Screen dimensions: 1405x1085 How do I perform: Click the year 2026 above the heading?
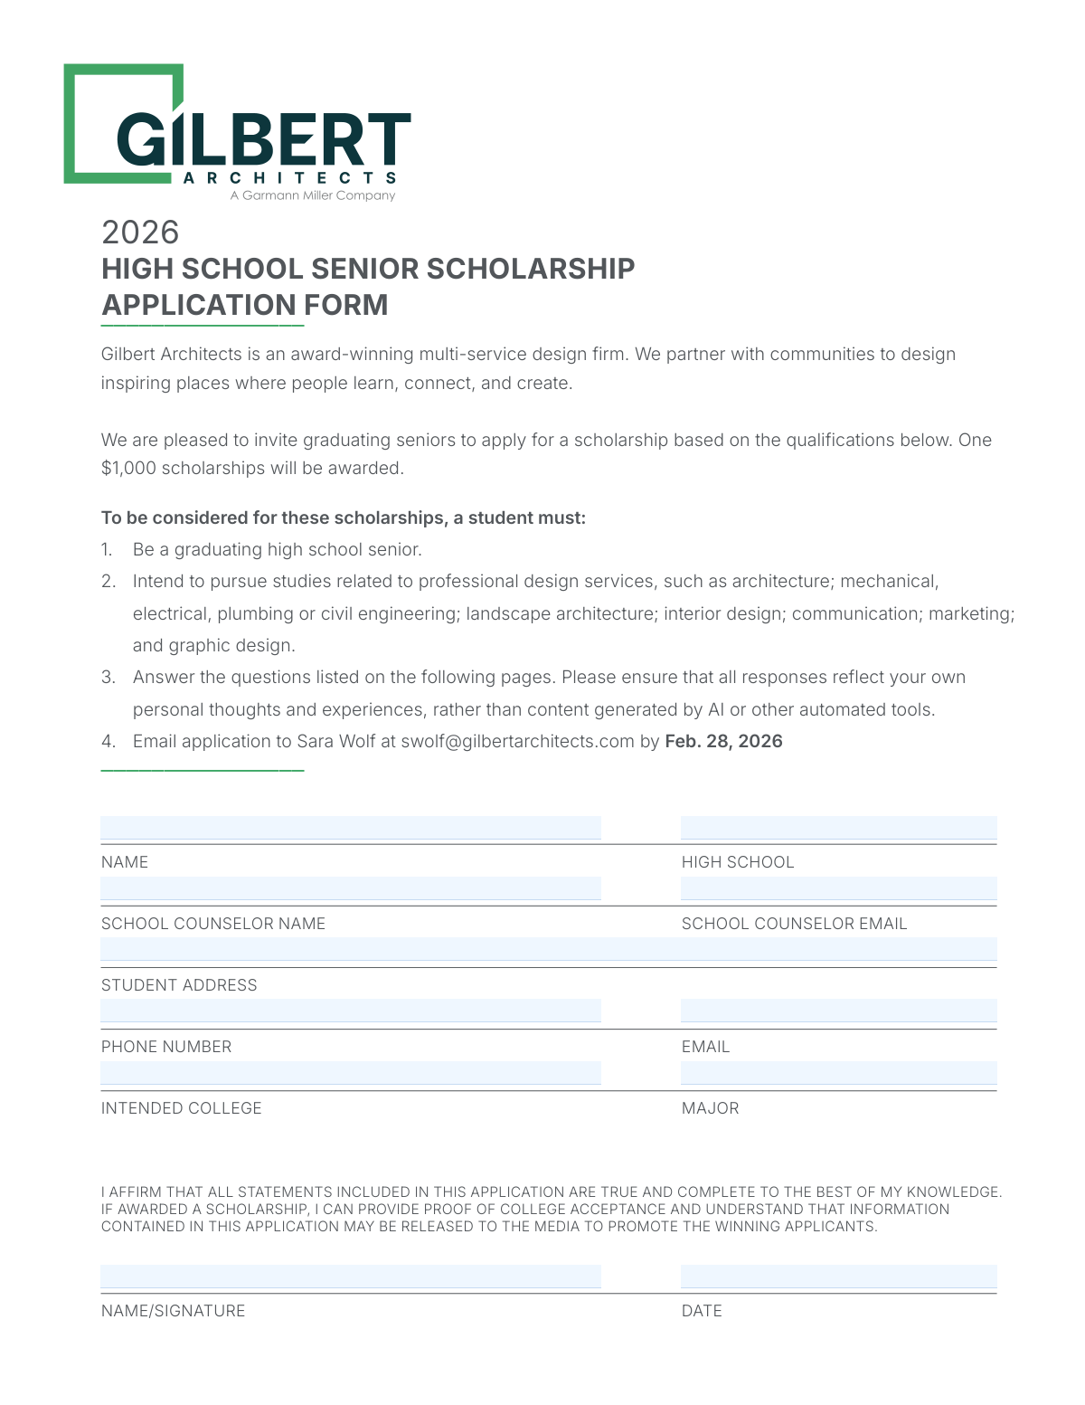(140, 233)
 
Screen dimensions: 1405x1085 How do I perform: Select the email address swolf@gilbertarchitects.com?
(517, 742)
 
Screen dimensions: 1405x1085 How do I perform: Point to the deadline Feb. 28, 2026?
(723, 742)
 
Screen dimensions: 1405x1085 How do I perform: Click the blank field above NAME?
(351, 828)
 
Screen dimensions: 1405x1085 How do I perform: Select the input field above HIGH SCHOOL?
(838, 828)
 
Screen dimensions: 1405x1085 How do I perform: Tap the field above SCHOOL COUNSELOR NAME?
(351, 888)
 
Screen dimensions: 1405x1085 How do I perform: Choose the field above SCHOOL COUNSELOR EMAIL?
(838, 888)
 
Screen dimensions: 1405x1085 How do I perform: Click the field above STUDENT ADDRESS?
(548, 949)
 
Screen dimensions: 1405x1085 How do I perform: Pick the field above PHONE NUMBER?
(351, 1011)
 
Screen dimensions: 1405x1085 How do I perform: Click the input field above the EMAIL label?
(838, 1011)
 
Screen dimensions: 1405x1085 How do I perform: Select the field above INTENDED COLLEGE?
(351, 1072)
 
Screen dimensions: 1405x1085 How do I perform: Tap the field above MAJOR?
(838, 1072)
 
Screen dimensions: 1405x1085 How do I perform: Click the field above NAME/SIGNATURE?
(351, 1276)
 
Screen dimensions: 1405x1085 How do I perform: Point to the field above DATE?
(838, 1276)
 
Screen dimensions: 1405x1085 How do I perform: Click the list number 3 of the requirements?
(108, 678)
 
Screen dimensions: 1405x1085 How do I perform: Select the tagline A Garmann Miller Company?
(313, 195)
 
